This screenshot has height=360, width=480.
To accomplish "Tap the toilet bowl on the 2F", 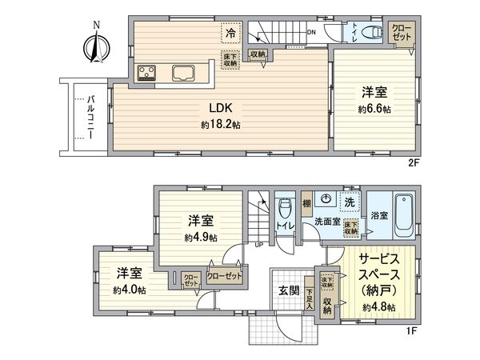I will (x=370, y=33).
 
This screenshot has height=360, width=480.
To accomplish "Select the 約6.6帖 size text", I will (x=374, y=108).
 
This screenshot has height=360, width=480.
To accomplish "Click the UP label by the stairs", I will (x=257, y=246).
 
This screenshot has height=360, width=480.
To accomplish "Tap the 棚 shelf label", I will (x=306, y=204).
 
